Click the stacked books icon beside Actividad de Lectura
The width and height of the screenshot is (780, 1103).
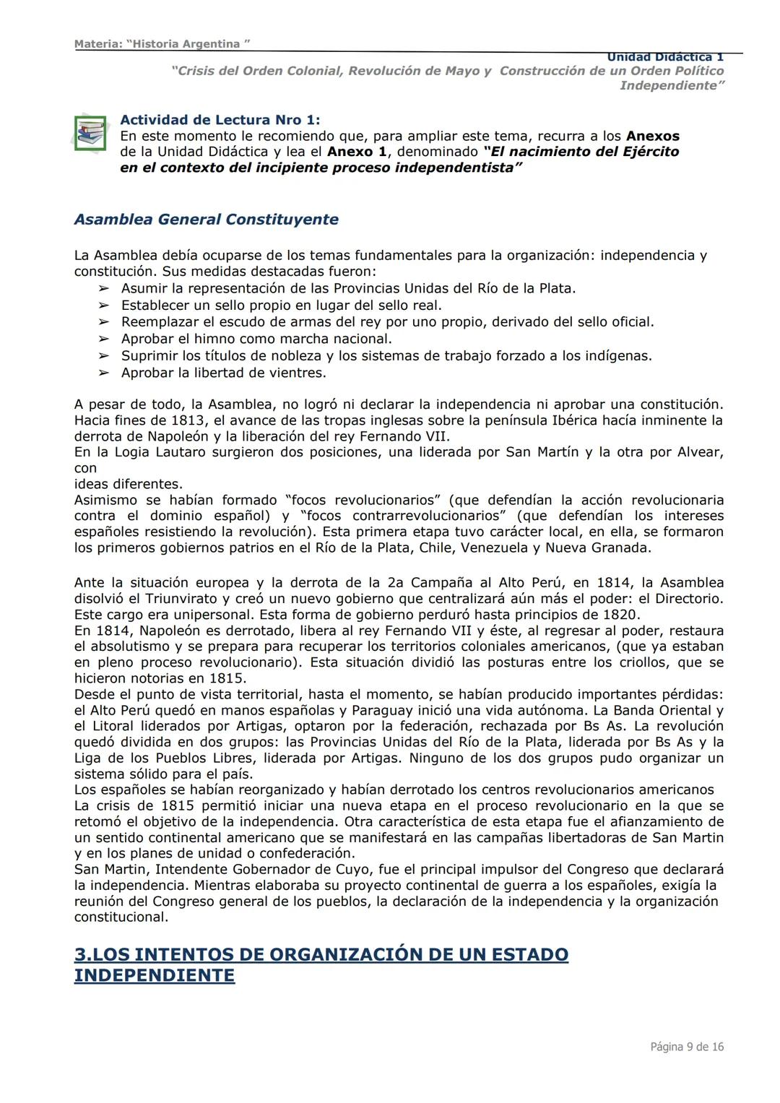(x=90, y=134)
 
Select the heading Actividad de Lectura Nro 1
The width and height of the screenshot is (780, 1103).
(x=220, y=120)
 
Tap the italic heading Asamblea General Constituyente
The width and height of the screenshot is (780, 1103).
(x=206, y=220)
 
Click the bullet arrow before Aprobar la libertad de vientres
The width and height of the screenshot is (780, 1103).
(x=104, y=373)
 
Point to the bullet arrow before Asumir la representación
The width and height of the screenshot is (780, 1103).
(x=104, y=289)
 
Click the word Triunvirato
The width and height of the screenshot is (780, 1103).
(x=185, y=599)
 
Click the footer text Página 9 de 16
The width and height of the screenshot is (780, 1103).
(x=686, y=1047)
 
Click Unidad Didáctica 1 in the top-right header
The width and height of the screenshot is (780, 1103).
(x=664, y=57)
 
